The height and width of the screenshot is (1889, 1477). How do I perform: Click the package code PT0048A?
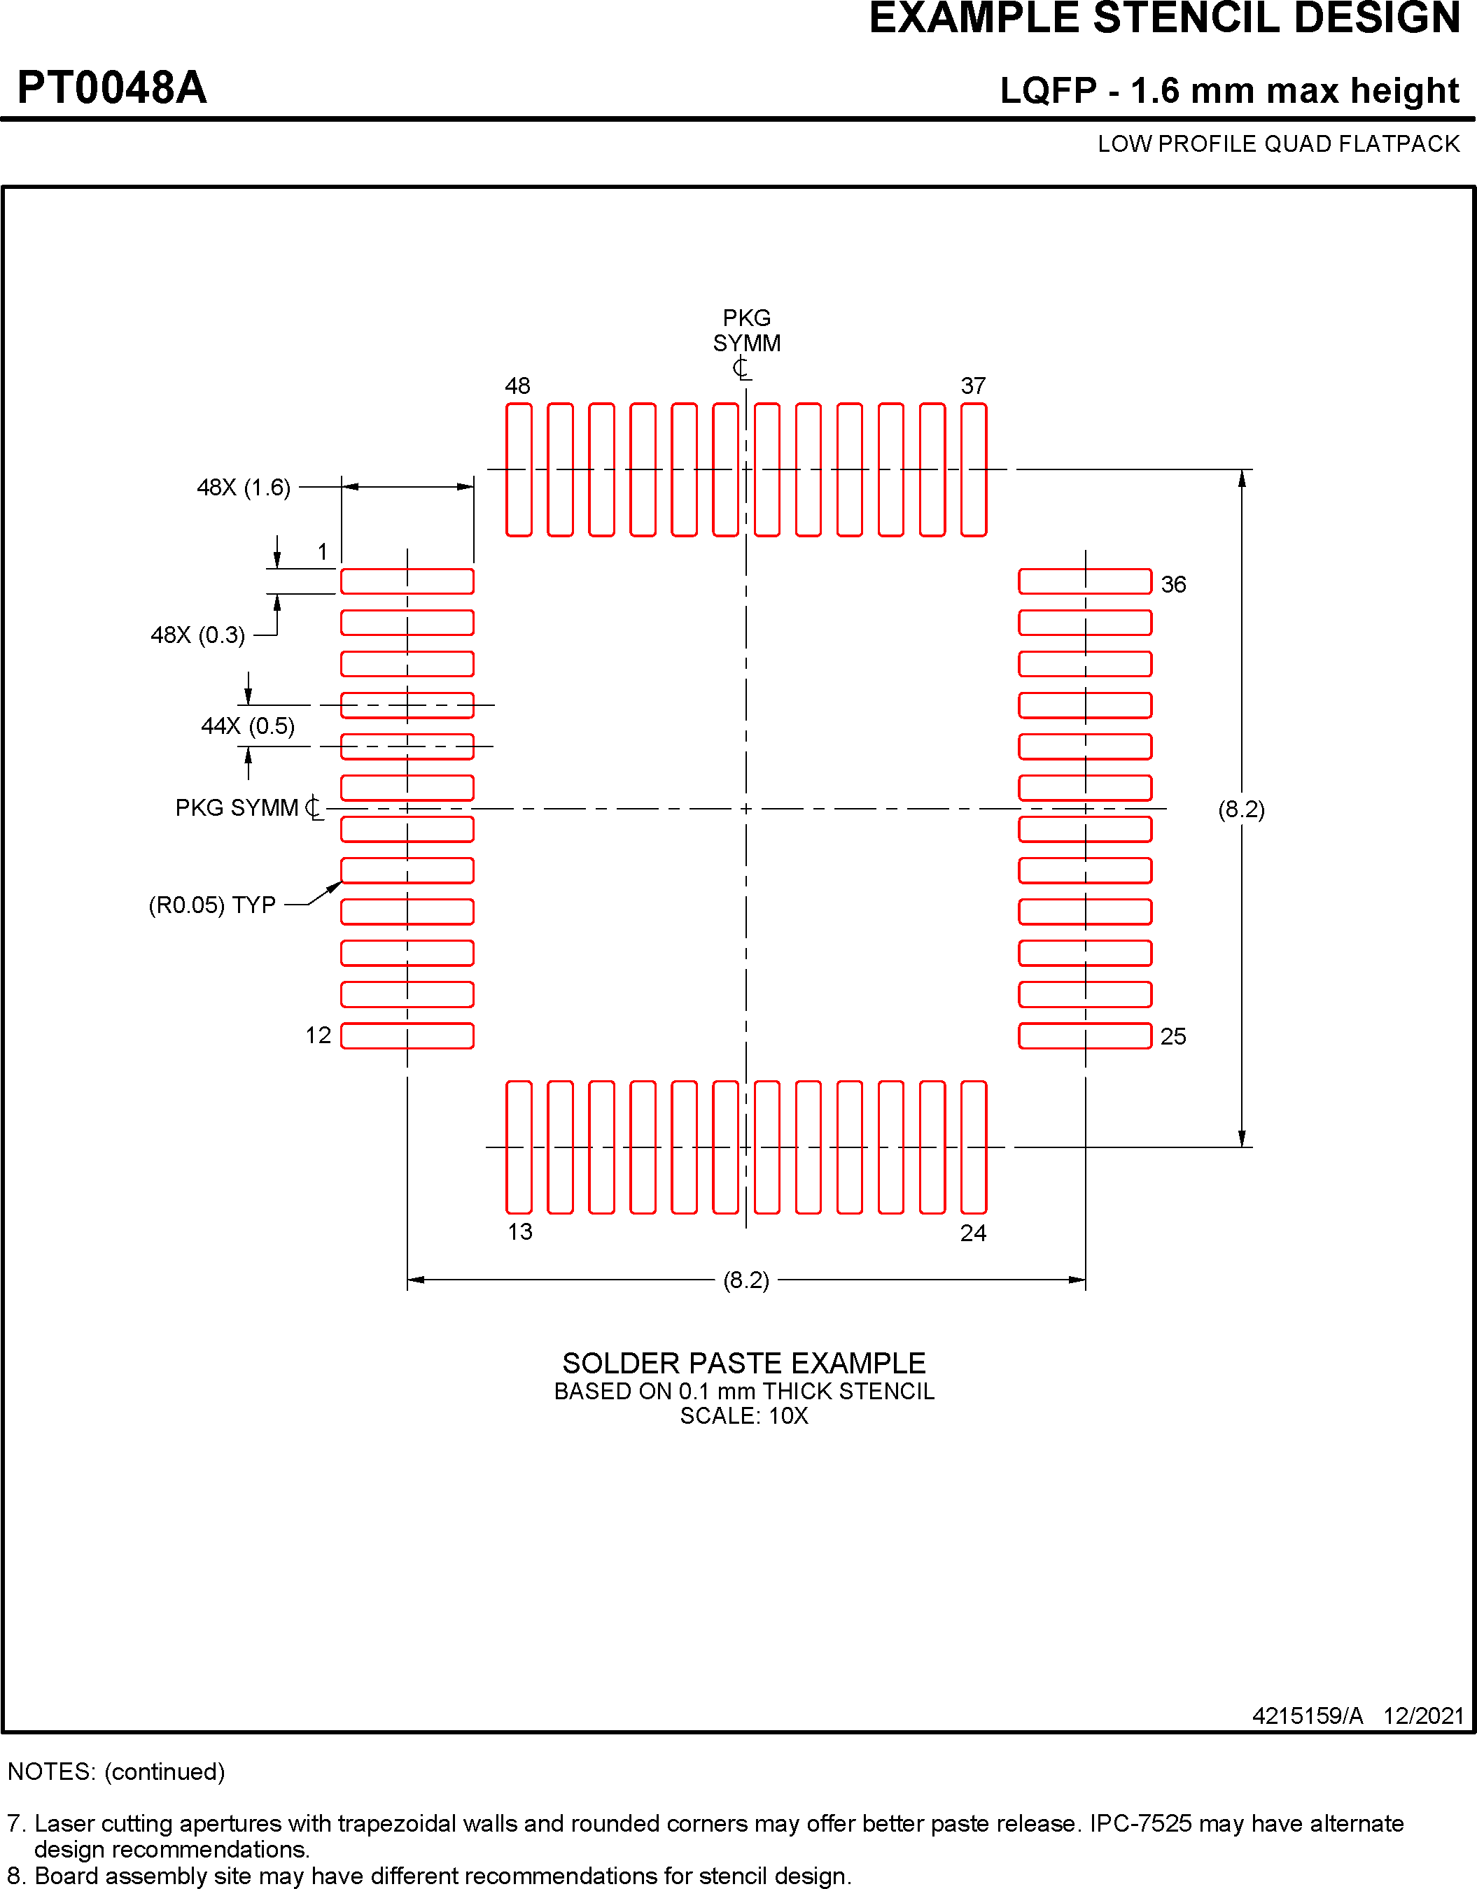click(x=111, y=88)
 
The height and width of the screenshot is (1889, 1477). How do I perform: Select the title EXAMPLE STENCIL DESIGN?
click(x=1165, y=19)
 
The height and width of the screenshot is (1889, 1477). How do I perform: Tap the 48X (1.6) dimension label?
click(x=243, y=488)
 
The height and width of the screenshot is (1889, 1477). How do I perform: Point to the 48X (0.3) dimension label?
click(x=197, y=636)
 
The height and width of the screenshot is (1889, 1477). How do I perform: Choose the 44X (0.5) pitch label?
click(x=248, y=726)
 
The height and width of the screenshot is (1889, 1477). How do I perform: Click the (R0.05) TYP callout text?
click(x=212, y=905)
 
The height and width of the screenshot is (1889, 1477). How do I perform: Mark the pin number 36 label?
click(x=1173, y=585)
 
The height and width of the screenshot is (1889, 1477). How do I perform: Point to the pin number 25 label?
click(x=1173, y=1036)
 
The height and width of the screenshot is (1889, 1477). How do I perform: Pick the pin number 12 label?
click(x=318, y=1035)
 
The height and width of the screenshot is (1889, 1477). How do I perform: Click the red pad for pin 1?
click(x=407, y=581)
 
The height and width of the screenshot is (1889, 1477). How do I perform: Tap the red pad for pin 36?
click(x=1085, y=581)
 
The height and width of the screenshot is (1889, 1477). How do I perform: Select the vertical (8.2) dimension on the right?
click(x=1242, y=809)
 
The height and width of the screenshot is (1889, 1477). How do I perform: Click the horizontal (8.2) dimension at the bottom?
click(x=746, y=1280)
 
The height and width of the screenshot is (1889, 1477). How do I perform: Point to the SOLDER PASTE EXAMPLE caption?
click(x=744, y=1364)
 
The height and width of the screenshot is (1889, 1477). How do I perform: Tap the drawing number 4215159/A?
click(x=1308, y=1716)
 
